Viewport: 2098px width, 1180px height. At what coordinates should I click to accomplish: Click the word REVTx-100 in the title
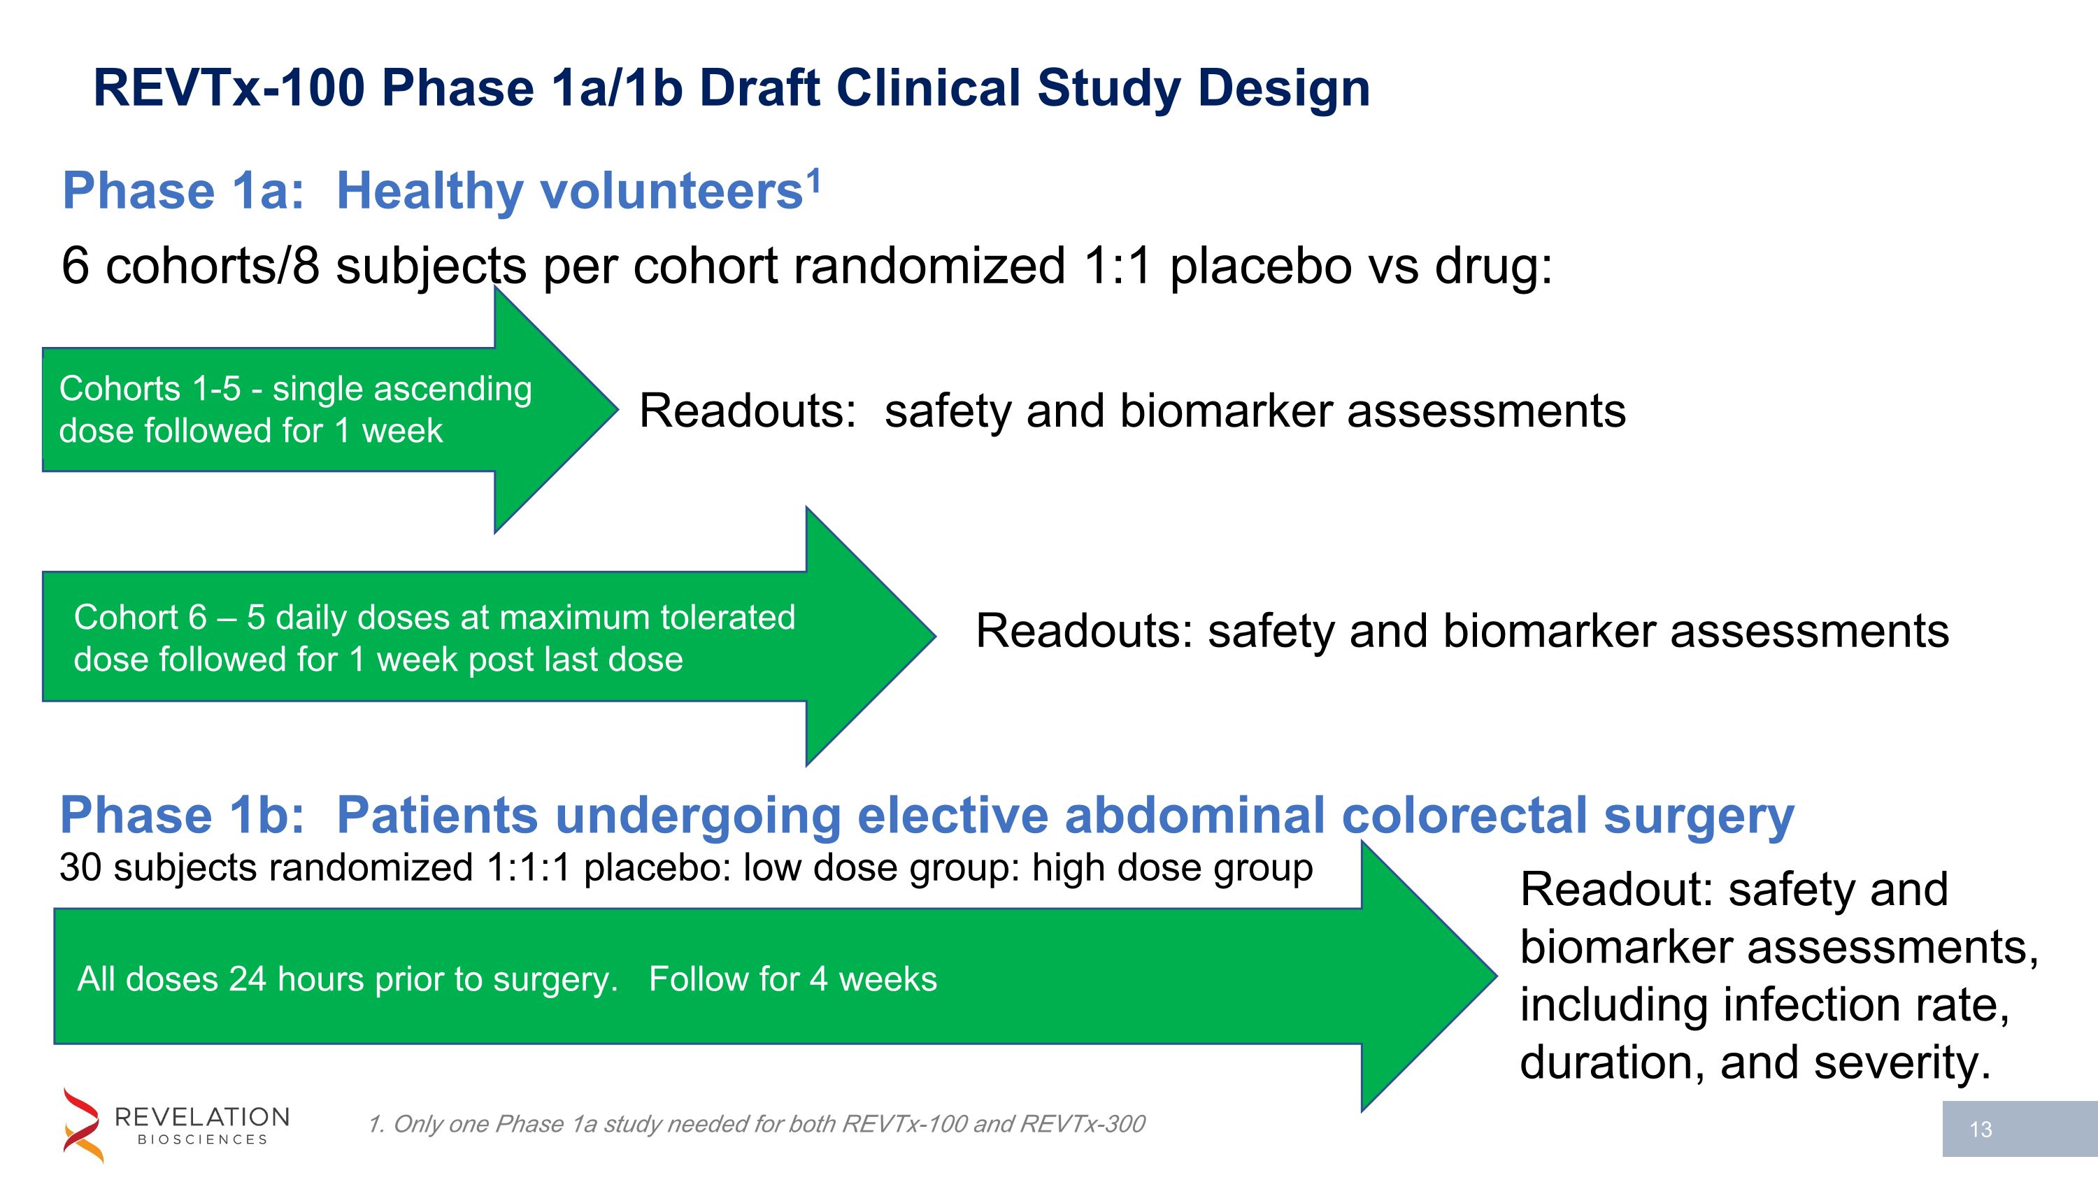coord(229,88)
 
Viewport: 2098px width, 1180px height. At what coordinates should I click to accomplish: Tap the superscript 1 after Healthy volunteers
coord(813,180)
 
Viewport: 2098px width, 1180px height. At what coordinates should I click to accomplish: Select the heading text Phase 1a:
coord(183,192)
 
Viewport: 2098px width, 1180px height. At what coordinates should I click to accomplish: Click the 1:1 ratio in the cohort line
coord(1118,266)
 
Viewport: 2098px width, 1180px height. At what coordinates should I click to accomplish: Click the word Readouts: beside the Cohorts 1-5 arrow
coord(747,411)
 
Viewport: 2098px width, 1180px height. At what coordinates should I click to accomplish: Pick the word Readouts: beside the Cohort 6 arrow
coord(1084,631)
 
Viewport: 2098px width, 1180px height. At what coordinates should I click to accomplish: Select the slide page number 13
coord(1981,1130)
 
